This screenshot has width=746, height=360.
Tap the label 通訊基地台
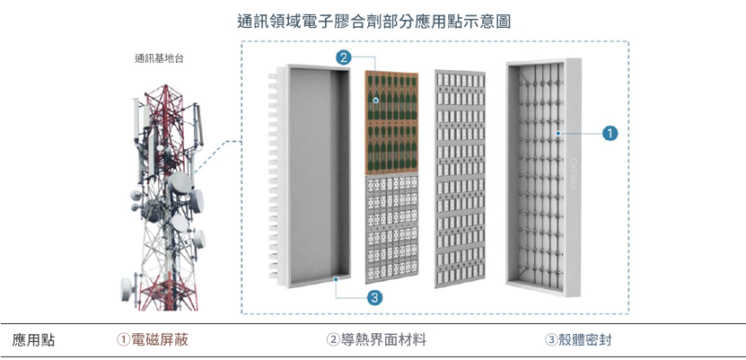click(x=161, y=58)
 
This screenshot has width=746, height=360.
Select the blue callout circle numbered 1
click(x=610, y=133)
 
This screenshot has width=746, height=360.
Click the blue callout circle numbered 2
click(x=343, y=57)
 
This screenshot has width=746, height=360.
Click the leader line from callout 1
click(x=582, y=134)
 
